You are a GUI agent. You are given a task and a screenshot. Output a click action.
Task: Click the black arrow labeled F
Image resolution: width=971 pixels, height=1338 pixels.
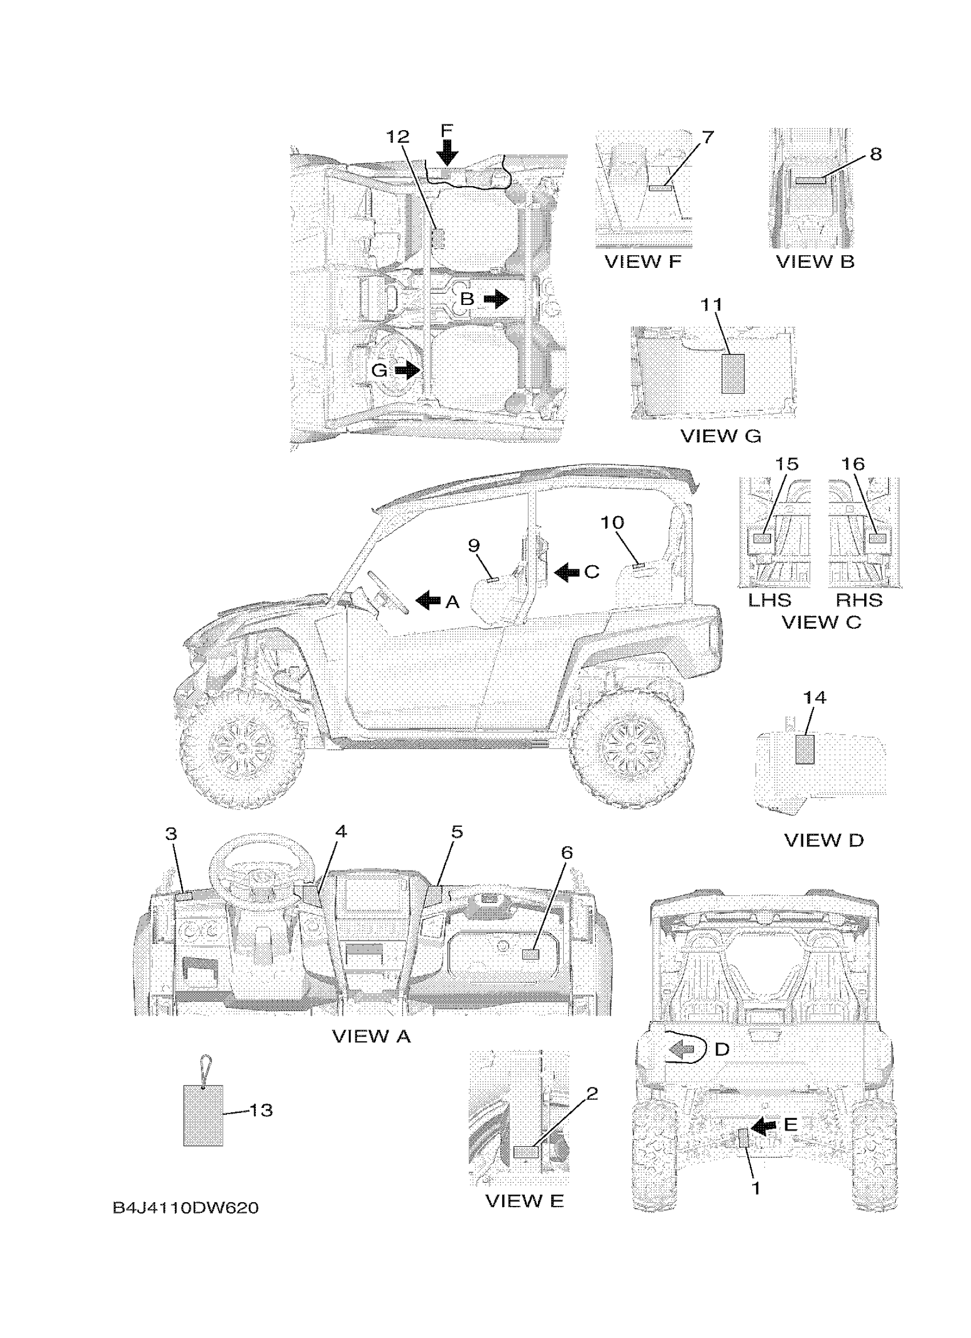448,153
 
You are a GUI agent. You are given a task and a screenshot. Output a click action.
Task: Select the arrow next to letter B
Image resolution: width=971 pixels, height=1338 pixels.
496,299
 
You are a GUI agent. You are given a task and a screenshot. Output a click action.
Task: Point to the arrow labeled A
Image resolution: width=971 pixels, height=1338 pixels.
428,601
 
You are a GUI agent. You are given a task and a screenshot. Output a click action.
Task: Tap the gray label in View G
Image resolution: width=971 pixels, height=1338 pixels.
733,373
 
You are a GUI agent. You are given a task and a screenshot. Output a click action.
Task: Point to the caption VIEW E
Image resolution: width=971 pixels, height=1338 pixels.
524,1200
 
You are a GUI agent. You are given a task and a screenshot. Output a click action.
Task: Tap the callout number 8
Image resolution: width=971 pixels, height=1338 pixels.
876,154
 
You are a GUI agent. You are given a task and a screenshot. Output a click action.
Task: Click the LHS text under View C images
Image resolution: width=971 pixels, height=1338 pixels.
769,600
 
